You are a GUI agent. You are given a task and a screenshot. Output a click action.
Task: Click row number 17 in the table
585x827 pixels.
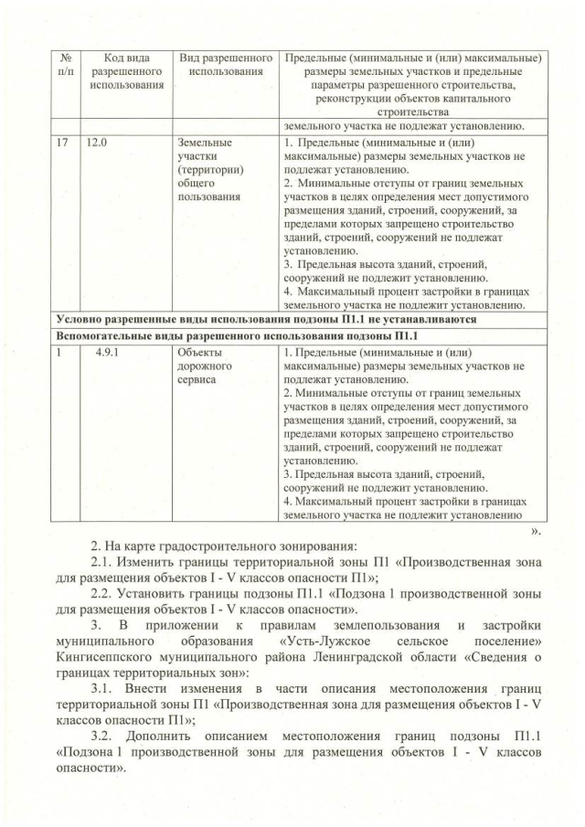pos(62,143)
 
